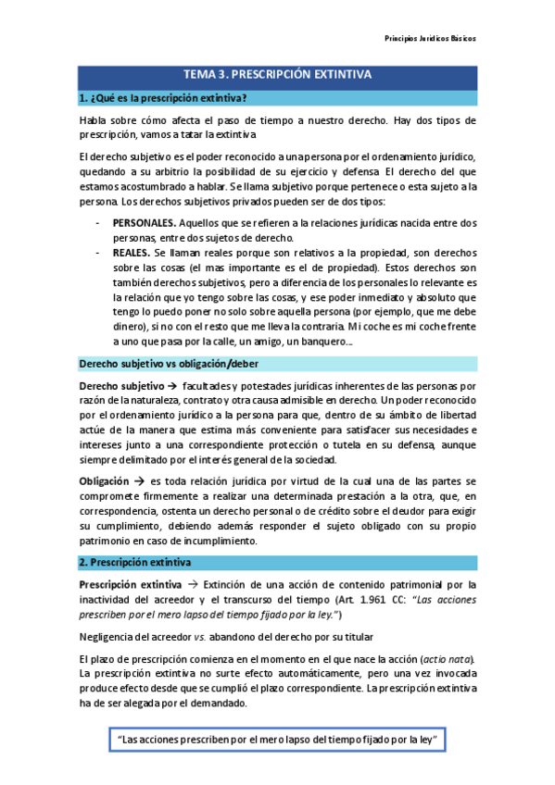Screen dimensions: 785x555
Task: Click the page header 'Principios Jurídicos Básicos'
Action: click(430, 39)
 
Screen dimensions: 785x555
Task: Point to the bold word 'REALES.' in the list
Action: click(132, 253)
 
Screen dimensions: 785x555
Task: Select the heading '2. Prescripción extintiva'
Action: click(135, 562)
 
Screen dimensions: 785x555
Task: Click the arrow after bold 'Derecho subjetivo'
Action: click(172, 385)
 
